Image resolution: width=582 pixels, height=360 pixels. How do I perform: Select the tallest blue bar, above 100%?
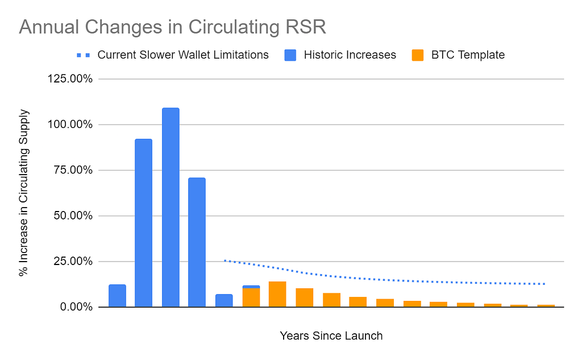tap(171, 208)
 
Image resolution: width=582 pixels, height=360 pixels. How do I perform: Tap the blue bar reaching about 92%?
tap(143, 223)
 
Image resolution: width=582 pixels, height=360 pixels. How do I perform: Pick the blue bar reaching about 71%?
tap(197, 242)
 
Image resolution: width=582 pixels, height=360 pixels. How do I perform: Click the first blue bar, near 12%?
tap(117, 296)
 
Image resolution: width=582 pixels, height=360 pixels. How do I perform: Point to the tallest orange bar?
tap(277, 294)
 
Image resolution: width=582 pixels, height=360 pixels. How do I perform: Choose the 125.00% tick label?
tap(68, 78)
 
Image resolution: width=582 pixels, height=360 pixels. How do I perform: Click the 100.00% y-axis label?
tap(68, 125)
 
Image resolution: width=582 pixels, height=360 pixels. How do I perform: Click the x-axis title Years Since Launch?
tap(331, 336)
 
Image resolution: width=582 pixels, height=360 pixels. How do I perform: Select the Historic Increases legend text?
tap(350, 55)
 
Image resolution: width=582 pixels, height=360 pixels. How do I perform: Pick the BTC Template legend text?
tap(467, 55)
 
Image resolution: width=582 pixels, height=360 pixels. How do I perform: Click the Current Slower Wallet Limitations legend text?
tap(183, 55)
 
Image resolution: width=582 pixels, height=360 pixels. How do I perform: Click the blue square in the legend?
tap(290, 55)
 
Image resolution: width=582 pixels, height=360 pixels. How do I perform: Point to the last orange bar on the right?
tap(546, 305)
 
